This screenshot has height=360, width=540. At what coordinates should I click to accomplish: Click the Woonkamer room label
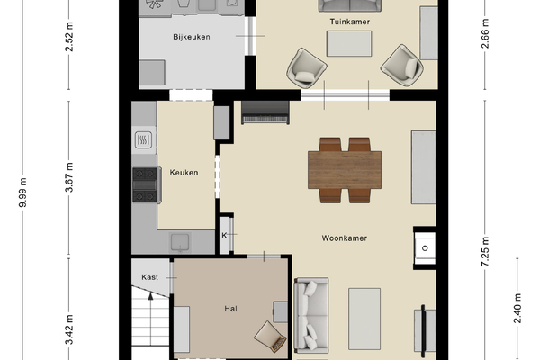pos(345,238)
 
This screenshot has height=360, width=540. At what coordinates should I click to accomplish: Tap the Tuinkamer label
pos(350,22)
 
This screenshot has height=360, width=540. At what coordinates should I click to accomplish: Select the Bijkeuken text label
pos(192,37)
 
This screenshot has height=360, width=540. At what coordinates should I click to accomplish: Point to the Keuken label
pos(184,173)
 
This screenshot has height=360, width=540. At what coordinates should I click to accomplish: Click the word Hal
pos(230,309)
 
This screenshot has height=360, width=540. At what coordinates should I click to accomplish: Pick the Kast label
pos(149,277)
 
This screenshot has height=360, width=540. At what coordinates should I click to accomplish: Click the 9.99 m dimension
pos(22,193)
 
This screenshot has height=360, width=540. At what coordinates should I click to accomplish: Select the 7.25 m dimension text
pos(485,251)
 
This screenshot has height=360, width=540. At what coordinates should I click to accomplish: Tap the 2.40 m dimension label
pos(517,308)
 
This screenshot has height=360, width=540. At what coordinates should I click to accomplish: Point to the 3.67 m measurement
pos(69,177)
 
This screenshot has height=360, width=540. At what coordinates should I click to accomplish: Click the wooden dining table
pos(345,170)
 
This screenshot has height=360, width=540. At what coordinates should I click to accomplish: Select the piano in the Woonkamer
pos(265,112)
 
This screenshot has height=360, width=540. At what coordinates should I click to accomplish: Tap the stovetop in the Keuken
pos(145,185)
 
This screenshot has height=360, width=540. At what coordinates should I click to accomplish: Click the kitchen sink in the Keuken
pos(180,242)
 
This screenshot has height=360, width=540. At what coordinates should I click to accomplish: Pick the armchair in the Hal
pos(271,337)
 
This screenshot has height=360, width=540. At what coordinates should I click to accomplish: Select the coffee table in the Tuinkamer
pos(349,43)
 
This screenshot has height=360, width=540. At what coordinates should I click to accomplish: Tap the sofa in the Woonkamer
pos(311,316)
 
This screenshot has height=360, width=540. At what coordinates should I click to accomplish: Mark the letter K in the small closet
pos(224,236)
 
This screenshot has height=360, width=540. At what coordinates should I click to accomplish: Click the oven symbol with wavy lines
pos(143,139)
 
